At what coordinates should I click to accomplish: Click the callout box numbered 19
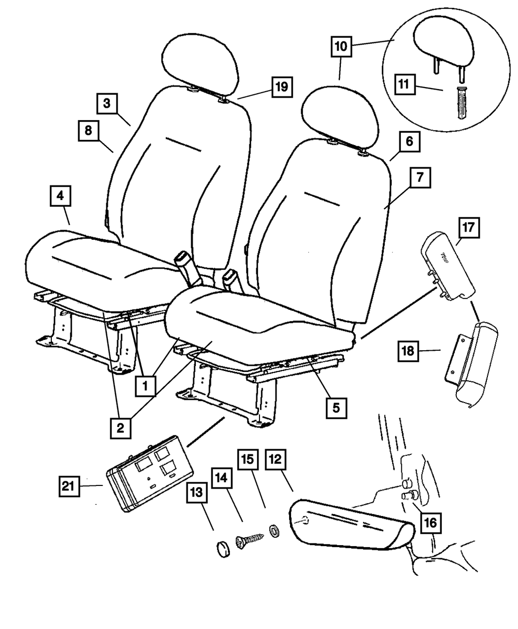[x=282, y=87]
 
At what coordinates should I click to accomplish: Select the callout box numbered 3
[x=107, y=104]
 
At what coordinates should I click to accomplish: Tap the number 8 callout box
[x=88, y=131]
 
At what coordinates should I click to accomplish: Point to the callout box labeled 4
[x=60, y=196]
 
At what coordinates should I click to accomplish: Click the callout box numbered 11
[x=404, y=84]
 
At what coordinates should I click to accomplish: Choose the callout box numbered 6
[x=410, y=141]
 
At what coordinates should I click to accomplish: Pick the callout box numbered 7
[x=420, y=178]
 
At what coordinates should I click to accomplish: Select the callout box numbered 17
[x=469, y=228]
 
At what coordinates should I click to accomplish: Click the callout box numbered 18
[x=408, y=351]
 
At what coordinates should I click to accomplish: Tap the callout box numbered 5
[x=336, y=408]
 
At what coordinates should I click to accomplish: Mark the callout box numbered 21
[x=69, y=486]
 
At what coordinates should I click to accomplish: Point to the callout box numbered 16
[x=430, y=523]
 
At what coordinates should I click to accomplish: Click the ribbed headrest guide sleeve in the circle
[x=461, y=103]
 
